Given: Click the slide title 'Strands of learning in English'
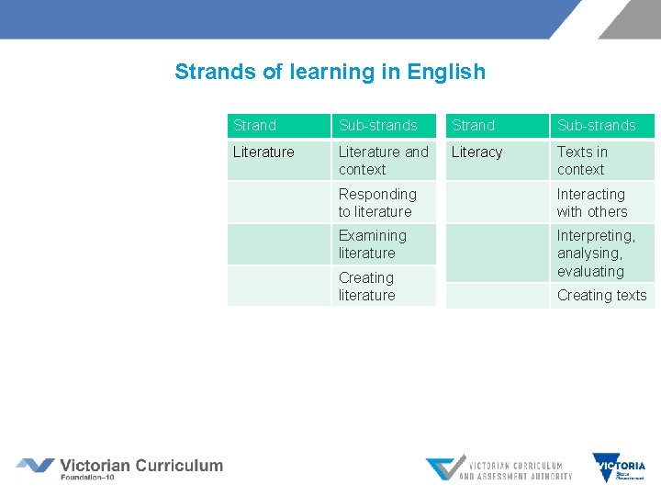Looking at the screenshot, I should [330, 72].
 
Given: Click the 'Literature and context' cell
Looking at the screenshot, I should [383, 161].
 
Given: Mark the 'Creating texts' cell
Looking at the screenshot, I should [601, 296].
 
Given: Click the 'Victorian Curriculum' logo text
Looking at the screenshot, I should [141, 465].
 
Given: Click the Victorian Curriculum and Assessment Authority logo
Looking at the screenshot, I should [499, 469].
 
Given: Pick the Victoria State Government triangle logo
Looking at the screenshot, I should [619, 468].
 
